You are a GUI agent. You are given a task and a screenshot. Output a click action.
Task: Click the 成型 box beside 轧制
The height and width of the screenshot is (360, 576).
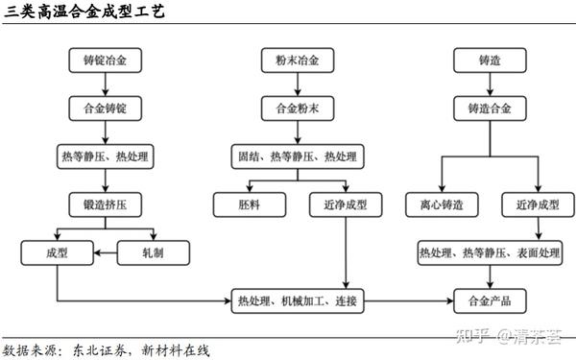tap(57, 252)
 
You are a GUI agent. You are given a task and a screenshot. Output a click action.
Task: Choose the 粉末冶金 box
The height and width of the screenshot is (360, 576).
tap(298, 60)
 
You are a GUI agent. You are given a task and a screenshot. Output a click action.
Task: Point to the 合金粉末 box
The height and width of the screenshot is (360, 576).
tap(298, 108)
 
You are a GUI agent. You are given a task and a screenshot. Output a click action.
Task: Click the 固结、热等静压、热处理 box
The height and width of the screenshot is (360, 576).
tap(298, 155)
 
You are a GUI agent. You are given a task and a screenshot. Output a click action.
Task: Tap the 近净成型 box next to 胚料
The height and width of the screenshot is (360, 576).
tap(346, 204)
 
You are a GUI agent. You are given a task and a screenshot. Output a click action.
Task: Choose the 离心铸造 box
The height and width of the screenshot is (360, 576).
tap(442, 204)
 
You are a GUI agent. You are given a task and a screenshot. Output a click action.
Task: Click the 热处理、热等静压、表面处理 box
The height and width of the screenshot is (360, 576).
tap(490, 252)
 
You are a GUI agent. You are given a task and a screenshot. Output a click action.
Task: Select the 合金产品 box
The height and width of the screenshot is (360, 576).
tap(490, 301)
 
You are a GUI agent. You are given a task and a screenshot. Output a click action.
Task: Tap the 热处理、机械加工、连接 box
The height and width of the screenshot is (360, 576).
tap(298, 301)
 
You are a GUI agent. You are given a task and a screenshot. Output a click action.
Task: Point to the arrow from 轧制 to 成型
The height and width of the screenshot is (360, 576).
tap(105, 252)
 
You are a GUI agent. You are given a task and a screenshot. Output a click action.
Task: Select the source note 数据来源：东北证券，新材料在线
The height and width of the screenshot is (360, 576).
tap(107, 349)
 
